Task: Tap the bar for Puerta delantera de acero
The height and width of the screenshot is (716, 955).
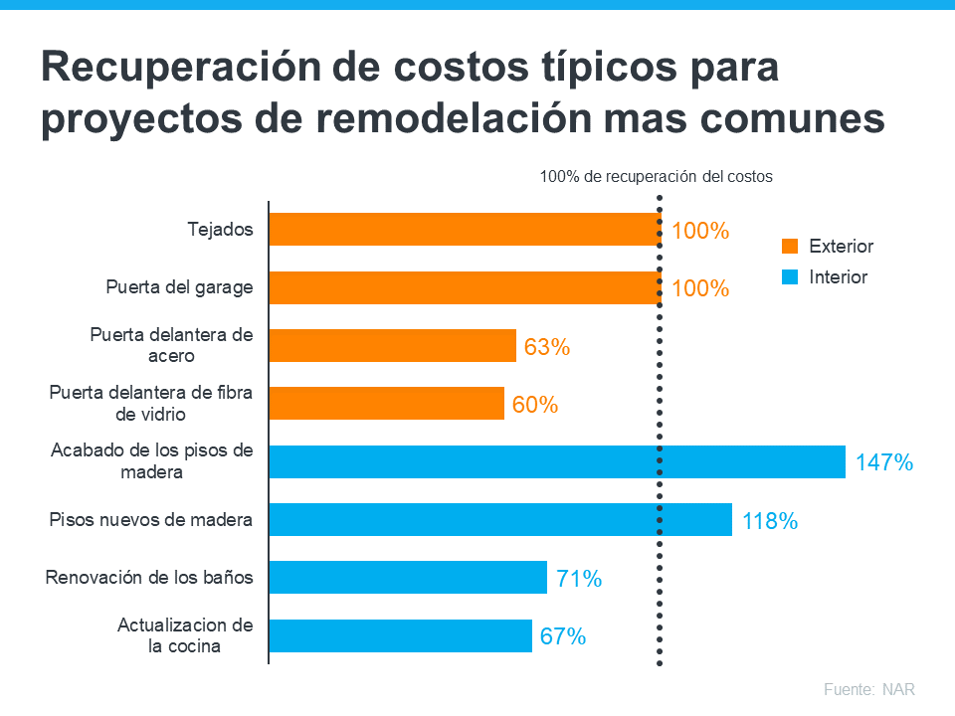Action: [x=393, y=345]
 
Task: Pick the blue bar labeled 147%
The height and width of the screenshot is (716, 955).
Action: [x=557, y=461]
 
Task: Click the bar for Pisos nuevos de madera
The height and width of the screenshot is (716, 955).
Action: [x=500, y=519]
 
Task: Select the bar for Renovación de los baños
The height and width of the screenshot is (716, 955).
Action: [x=408, y=577]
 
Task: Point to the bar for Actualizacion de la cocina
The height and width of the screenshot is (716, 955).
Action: [x=401, y=635]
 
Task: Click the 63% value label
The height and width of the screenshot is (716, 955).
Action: [x=546, y=347]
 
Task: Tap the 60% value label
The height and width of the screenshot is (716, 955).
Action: [x=534, y=405]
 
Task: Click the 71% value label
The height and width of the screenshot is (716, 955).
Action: [x=578, y=578]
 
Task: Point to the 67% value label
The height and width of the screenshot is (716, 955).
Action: [x=562, y=636]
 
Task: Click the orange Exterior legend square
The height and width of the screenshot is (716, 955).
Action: [x=791, y=247]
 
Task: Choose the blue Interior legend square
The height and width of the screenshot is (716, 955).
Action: [x=791, y=277]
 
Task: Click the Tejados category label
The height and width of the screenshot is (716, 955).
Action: [x=220, y=230]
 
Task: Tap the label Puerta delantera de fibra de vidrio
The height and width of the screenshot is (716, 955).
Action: [x=150, y=403]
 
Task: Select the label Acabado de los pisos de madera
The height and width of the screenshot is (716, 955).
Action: [x=152, y=461]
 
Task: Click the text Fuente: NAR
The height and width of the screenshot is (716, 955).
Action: [x=868, y=689]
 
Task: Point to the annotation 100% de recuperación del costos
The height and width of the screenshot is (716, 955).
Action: [x=656, y=177]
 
